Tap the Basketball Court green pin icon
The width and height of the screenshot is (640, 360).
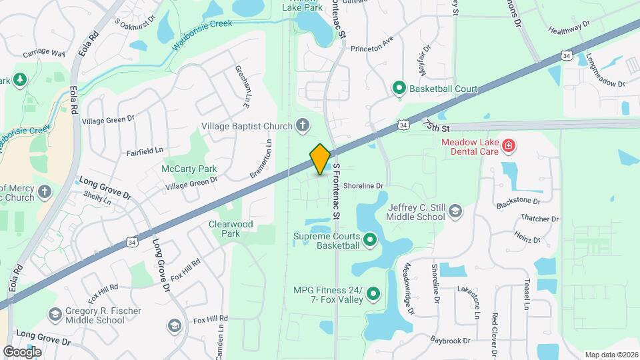[399, 87]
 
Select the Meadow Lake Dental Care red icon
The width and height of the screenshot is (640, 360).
[509, 146]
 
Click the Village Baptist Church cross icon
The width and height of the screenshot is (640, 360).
[302, 125]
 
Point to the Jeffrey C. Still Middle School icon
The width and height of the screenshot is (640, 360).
[455, 211]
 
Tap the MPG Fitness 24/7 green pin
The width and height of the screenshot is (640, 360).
[373, 293]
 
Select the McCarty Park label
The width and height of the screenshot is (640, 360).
[189, 169]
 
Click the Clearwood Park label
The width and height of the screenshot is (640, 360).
[231, 229]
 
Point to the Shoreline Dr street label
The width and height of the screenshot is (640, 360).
[363, 186]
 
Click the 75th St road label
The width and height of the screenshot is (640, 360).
[437, 125]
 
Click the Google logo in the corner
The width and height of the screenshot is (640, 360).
[22, 351]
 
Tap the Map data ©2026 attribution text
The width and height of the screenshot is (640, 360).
[611, 355]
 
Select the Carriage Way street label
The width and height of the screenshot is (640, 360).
[44, 53]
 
